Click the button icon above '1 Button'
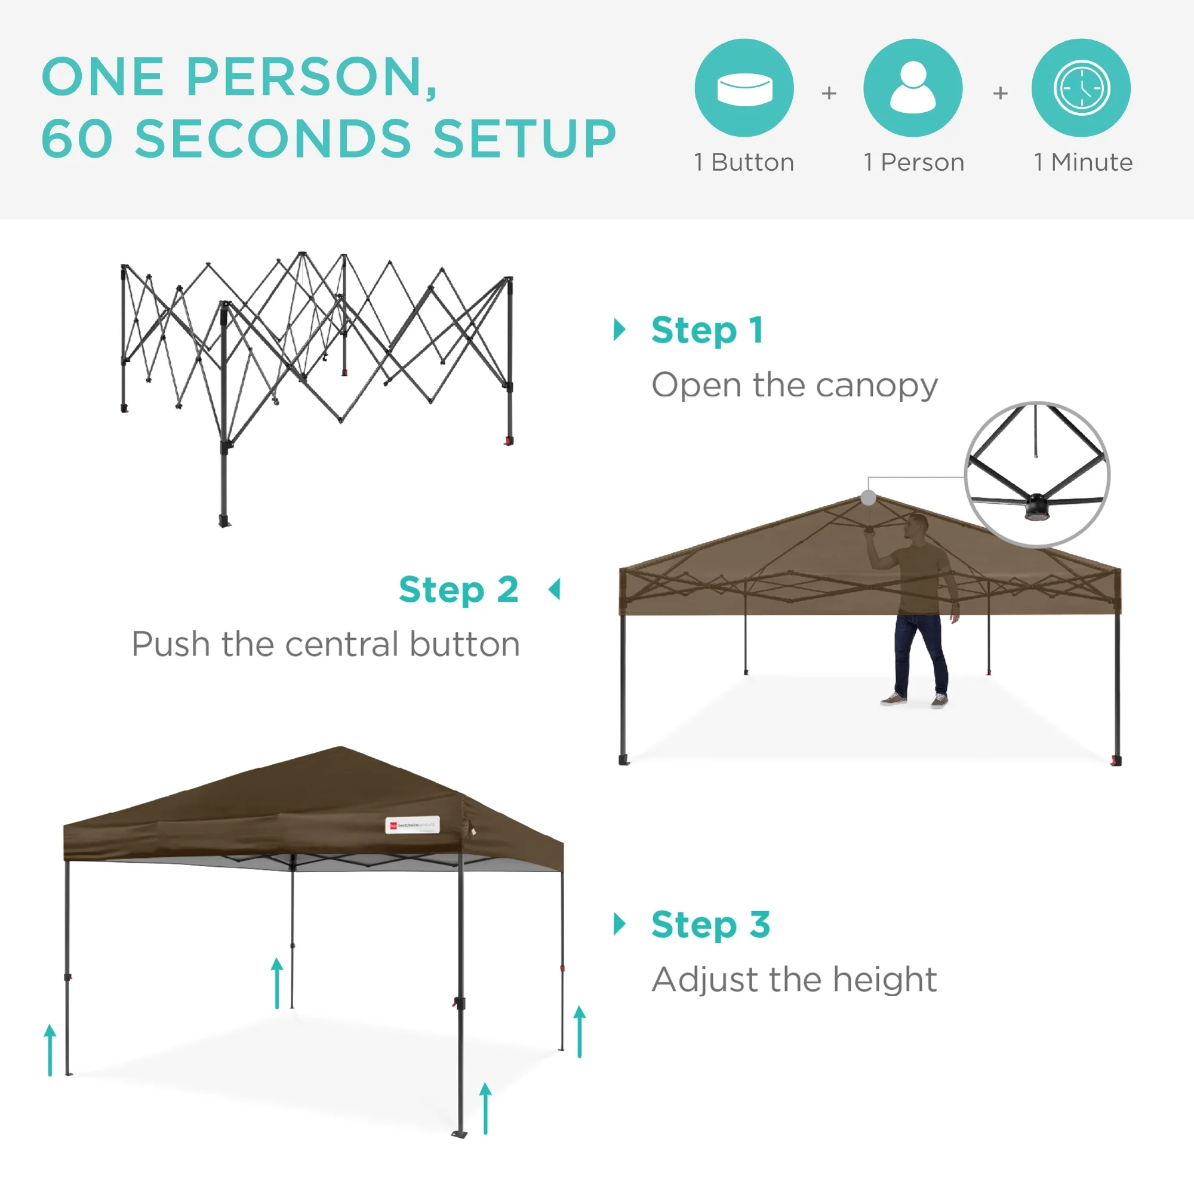pos(744,88)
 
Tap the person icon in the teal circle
pos(913,88)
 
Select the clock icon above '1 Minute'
pos(1081,88)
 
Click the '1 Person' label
pos(913,162)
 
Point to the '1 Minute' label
pos(1083,162)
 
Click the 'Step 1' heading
pos(707,330)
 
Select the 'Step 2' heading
pos(458,590)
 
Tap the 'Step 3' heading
pos(710,925)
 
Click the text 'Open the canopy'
pos(794,386)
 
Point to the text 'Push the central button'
pos(326,645)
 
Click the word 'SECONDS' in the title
pos(273,139)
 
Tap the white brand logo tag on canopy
pos(412,825)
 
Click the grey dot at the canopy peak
pos(868,497)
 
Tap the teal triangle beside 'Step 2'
pos(555,590)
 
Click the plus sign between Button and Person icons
pos(829,93)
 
